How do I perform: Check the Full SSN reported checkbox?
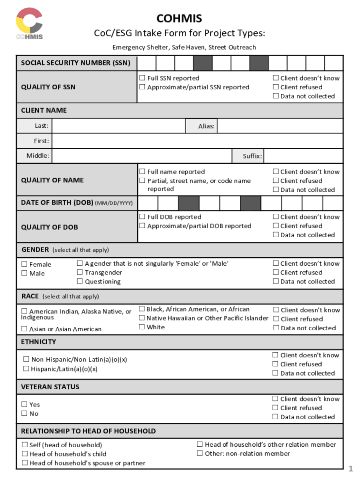143,78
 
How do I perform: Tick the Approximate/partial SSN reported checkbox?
143,87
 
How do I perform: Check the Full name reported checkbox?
143,172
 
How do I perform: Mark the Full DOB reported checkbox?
143,217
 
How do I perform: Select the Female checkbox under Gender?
24,264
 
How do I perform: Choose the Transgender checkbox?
80,273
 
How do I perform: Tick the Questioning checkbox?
80,282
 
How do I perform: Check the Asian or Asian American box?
24,329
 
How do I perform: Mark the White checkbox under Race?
142,327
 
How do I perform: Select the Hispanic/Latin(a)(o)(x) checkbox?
26,369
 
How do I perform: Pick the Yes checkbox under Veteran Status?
24,405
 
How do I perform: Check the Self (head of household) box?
24,445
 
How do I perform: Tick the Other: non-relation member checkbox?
200,453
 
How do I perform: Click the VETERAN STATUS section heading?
50,387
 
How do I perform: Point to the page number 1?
350,469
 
